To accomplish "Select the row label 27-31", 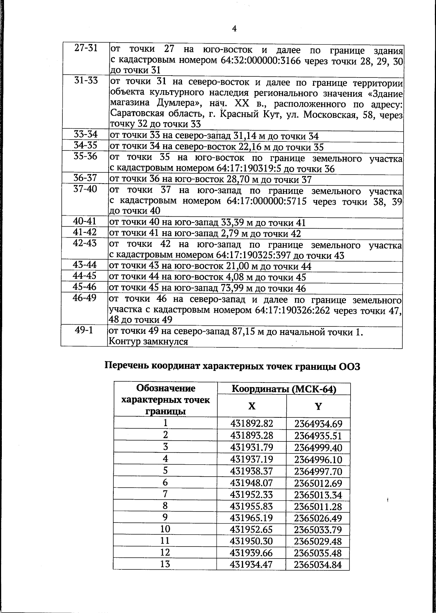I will click(86, 48).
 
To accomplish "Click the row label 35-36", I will click(86, 156).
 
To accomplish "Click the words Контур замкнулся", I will click(148, 342).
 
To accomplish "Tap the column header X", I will click(251, 406).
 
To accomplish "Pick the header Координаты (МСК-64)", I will click(284, 389).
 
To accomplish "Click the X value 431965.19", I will click(251, 518).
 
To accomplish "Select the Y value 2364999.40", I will click(318, 447).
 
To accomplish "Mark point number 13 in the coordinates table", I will click(165, 564).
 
